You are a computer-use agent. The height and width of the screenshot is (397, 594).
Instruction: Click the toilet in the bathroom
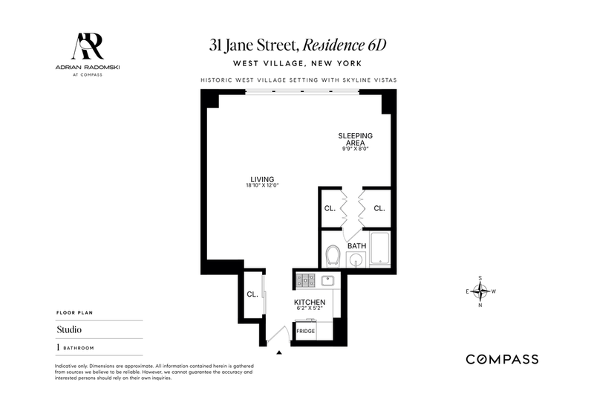tap(333, 256)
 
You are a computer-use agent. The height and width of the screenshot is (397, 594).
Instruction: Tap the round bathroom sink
tap(356, 260)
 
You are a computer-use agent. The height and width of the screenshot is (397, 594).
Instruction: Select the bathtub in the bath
tap(379, 249)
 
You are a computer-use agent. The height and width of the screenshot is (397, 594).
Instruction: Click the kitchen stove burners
tap(305, 281)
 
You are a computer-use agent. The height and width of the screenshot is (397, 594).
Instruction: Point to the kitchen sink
tap(327, 281)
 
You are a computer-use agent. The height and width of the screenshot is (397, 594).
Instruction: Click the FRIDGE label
tap(306, 331)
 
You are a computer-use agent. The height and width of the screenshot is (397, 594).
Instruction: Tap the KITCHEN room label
tap(310, 302)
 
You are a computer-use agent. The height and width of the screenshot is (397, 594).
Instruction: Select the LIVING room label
tap(262, 179)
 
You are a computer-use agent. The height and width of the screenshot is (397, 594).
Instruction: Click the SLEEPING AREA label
tap(356, 139)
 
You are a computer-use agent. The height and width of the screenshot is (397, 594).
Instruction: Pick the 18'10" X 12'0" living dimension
tap(262, 185)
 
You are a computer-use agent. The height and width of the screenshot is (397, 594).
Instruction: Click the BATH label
tap(357, 245)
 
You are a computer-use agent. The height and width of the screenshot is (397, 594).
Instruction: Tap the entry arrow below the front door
tap(279, 352)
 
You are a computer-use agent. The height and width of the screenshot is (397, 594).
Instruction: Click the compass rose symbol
tap(480, 291)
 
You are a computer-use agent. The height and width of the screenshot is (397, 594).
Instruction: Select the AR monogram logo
tap(88, 46)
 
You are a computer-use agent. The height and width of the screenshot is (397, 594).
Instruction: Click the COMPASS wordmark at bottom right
tap(502, 359)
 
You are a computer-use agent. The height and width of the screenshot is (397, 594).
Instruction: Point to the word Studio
tap(69, 329)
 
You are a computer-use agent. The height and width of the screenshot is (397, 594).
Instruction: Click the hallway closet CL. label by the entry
tap(252, 294)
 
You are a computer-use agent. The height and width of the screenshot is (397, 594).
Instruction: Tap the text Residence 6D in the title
tap(345, 45)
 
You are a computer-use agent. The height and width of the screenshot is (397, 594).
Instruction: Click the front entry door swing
tap(278, 335)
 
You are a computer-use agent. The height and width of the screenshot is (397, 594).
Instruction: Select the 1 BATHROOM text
tap(75, 348)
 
